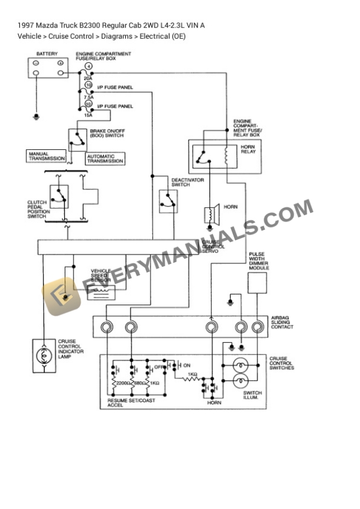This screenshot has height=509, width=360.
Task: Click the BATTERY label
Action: [x=47, y=54]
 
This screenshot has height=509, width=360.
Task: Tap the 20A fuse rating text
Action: [x=88, y=77]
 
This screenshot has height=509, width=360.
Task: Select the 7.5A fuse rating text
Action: [x=88, y=97]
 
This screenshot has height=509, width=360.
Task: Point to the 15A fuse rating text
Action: [x=88, y=115]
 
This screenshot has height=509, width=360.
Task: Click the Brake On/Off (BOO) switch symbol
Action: [x=77, y=139]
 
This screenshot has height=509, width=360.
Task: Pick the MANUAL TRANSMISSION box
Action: [x=46, y=156]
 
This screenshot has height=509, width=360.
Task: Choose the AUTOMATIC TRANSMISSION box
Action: [x=105, y=159]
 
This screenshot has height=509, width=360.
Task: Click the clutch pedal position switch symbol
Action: [x=59, y=196]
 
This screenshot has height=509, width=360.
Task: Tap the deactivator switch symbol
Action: [x=168, y=201]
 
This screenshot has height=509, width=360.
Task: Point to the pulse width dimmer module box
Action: [x=256, y=283]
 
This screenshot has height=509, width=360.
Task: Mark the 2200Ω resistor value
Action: [x=124, y=383]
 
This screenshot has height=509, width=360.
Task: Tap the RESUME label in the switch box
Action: [x=116, y=401]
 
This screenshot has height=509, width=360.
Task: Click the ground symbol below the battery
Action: [x=36, y=117]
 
